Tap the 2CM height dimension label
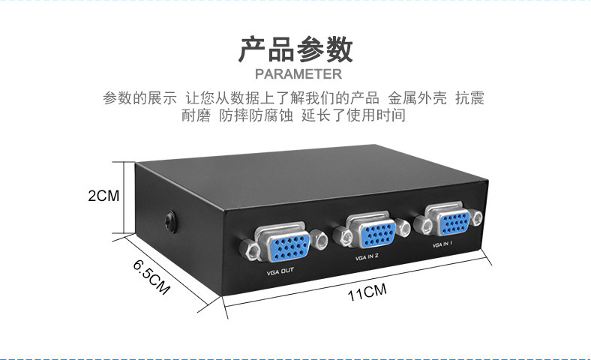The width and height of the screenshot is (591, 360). click(102, 196)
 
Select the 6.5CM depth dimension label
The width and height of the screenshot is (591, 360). click(151, 277)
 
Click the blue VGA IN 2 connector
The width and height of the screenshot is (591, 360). click(370, 231)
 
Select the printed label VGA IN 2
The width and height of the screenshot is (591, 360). click(370, 256)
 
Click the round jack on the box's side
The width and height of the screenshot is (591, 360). click(172, 222)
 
